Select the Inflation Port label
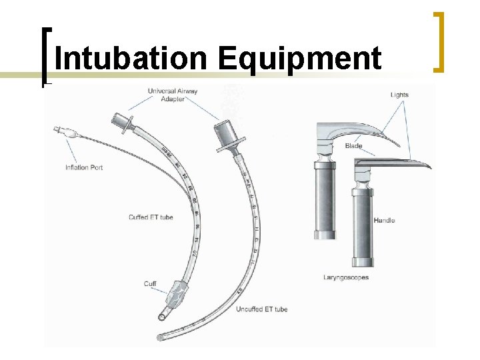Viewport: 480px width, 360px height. point(84,167)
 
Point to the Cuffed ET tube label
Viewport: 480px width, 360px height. point(151,217)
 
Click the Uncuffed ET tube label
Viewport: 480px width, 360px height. point(261,309)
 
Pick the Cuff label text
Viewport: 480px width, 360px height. point(150,284)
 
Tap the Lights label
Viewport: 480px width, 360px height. point(399,95)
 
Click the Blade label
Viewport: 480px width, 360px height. point(354,146)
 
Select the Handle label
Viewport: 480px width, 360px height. point(384,220)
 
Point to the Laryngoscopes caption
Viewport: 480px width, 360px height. point(346,277)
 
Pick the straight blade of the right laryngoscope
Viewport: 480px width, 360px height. point(393,161)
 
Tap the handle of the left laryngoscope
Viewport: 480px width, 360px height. point(327,200)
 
